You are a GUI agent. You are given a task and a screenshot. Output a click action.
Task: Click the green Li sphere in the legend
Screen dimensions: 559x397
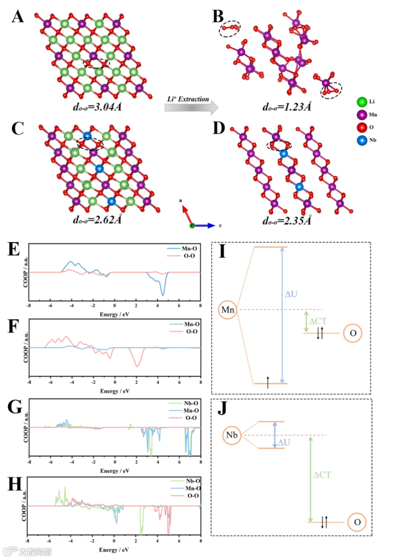(x=362, y=102)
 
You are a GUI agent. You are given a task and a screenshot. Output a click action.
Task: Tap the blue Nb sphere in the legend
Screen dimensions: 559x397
(x=362, y=140)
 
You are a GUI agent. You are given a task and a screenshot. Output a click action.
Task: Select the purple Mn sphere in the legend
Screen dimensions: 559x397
(x=362, y=115)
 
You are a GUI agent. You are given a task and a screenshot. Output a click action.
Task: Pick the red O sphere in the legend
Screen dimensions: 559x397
(x=362, y=127)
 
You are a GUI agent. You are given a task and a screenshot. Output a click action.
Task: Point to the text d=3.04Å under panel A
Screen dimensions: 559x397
(x=97, y=107)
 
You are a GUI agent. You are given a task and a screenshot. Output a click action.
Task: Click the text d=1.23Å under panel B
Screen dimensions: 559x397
(x=287, y=107)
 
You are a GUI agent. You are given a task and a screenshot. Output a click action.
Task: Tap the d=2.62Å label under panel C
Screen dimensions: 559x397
(x=97, y=220)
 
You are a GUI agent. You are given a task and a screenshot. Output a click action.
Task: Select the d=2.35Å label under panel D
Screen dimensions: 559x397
(x=287, y=220)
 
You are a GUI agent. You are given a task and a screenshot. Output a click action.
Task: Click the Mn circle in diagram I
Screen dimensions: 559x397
(x=228, y=310)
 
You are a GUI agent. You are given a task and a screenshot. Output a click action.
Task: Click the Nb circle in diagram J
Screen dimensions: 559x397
(x=232, y=435)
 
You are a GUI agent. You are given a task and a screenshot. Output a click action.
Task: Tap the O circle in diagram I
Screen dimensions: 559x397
(x=353, y=333)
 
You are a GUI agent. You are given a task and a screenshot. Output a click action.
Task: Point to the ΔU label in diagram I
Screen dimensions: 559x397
(x=291, y=294)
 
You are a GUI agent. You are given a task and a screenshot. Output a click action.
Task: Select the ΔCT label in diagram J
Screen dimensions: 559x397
(x=322, y=475)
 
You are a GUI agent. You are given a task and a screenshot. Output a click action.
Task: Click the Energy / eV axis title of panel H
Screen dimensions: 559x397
(x=114, y=550)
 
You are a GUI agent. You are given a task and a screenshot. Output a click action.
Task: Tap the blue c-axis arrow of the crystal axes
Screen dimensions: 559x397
(x=206, y=225)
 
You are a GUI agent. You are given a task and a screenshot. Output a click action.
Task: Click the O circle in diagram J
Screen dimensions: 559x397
(x=357, y=522)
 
